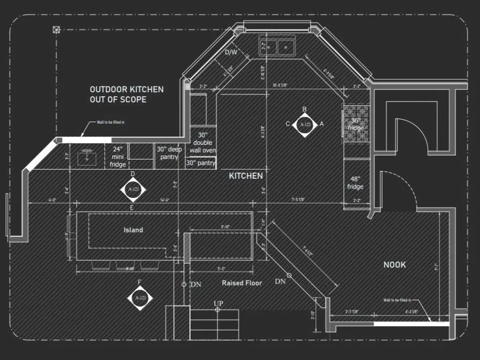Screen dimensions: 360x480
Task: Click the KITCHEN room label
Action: coord(246,176)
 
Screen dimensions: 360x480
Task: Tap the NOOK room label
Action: coord(394,264)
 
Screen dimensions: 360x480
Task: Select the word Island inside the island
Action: coord(133,230)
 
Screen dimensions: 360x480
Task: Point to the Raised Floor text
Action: coord(242,283)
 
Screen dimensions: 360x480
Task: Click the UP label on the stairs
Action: coord(218,303)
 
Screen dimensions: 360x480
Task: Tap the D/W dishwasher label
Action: coord(231,52)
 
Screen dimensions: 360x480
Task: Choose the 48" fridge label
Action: coord(355,183)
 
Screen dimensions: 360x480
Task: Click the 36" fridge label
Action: coord(355,124)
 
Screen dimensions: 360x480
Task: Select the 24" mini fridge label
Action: coord(117,157)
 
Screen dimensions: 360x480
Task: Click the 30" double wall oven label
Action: coord(203,143)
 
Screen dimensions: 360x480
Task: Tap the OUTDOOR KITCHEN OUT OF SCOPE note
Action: coord(127,94)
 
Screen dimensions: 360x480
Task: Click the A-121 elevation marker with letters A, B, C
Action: coord(304,124)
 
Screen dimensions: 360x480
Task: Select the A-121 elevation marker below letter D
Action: coord(133,189)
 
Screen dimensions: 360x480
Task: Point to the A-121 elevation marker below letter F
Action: coord(140,298)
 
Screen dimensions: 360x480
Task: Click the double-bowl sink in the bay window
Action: coord(277,48)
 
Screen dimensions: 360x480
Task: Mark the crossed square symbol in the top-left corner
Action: coord(56,30)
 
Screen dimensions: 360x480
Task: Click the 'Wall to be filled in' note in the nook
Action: coord(397,300)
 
